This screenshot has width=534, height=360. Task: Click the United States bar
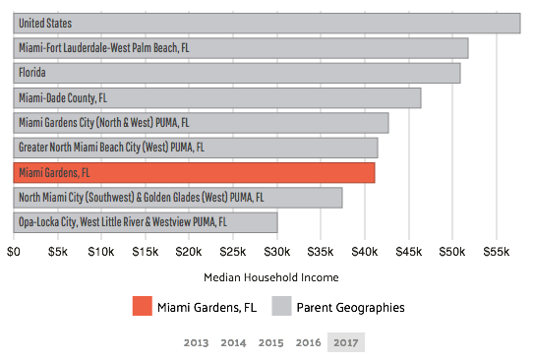tap(266, 23)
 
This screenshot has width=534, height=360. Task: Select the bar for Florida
tap(236, 73)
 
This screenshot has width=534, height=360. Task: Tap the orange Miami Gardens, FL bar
tap(194, 173)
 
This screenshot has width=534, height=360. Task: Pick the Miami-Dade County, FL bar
tap(216, 98)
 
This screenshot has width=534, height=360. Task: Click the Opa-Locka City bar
tap(145, 223)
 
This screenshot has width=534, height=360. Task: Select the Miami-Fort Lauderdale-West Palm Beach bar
tap(240, 48)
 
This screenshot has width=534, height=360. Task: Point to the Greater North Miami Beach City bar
tap(195, 148)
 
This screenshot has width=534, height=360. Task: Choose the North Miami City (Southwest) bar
tap(177, 198)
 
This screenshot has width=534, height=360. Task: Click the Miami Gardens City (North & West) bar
tap(201, 123)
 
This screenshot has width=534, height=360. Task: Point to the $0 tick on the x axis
tap(14, 252)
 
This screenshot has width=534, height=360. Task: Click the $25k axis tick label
tap(233, 252)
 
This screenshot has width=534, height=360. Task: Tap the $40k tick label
tap(365, 252)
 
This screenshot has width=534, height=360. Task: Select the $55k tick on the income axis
tap(496, 252)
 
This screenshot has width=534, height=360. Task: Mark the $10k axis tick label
tap(101, 252)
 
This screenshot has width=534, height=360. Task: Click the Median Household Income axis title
tap(270, 277)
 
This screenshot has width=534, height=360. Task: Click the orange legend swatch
tap(143, 306)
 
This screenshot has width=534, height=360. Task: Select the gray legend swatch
tap(282, 306)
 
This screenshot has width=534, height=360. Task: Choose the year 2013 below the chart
tap(196, 343)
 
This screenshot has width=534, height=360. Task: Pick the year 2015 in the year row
tap(270, 343)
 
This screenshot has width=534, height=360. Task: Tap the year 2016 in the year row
tap(308, 343)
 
